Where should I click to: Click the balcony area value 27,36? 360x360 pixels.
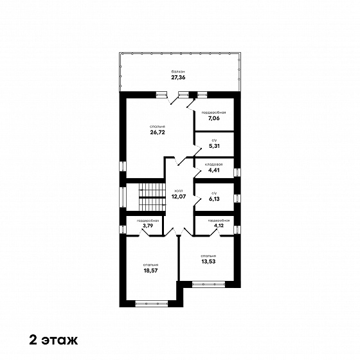(178, 77)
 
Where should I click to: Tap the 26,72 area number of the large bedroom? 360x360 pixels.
(157, 132)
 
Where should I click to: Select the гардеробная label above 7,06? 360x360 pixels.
(213, 113)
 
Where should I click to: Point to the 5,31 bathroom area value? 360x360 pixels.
(214, 146)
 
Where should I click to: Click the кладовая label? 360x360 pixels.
(213, 165)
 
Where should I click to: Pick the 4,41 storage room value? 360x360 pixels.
(214, 170)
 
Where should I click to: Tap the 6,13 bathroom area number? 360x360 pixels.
(214, 199)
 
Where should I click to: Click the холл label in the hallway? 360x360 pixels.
(179, 191)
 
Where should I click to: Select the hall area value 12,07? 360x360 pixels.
(179, 197)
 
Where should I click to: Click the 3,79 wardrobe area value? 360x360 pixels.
(148, 226)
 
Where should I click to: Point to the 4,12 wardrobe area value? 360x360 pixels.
(219, 226)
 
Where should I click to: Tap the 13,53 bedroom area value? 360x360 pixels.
(208, 262)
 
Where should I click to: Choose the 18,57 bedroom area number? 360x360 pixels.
(150, 271)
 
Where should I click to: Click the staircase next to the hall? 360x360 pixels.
(152, 197)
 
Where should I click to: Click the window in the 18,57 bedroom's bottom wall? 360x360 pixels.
(152, 303)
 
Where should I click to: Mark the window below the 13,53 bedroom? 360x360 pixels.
(208, 284)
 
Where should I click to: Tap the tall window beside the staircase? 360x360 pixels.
(123, 197)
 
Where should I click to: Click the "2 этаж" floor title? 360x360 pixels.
(53, 340)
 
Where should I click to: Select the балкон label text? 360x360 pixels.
(179, 71)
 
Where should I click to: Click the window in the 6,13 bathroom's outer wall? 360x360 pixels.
(237, 199)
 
